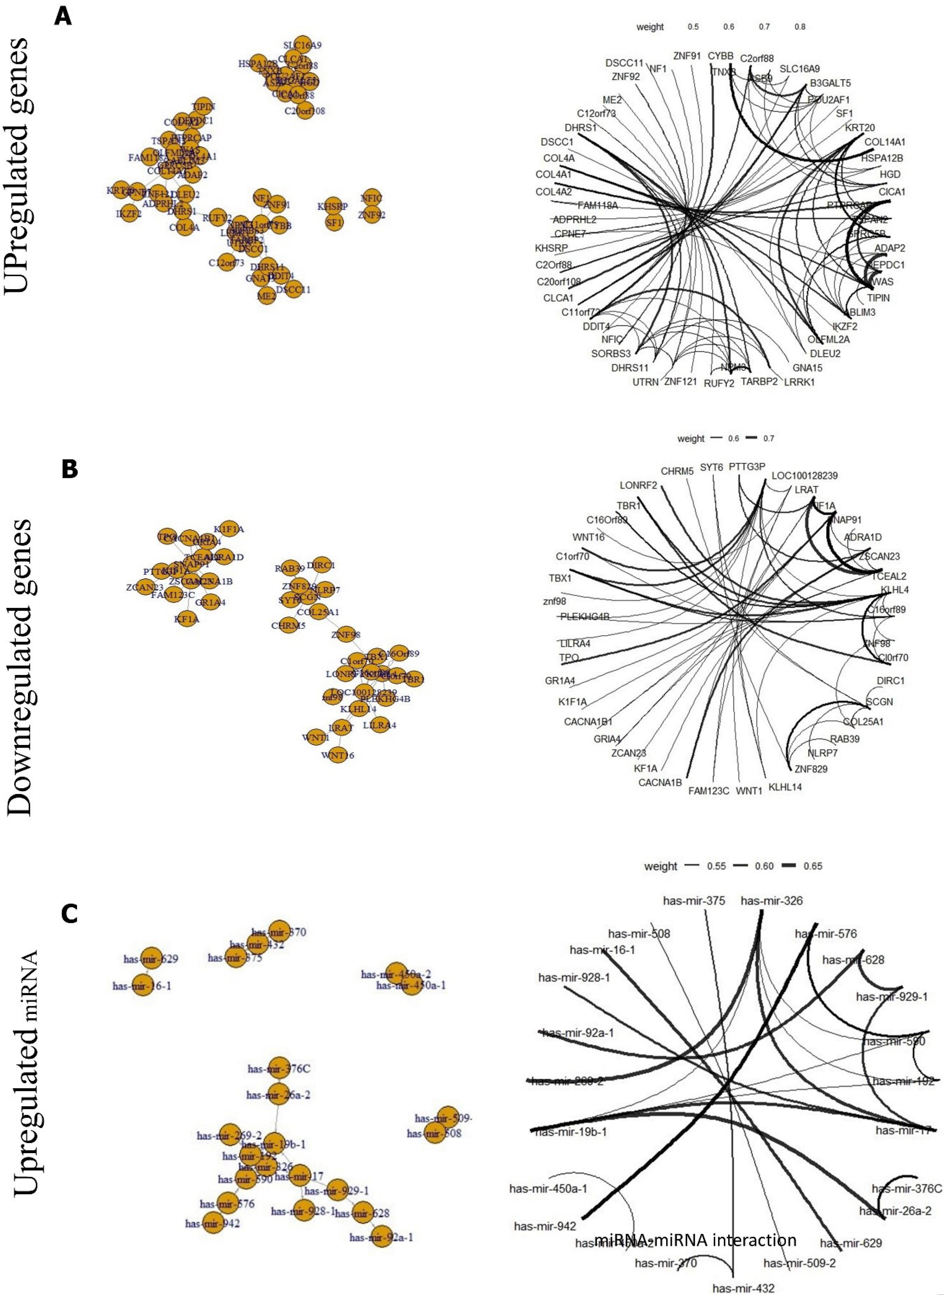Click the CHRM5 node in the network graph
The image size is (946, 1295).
[288, 625]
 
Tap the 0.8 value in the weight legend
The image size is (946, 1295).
[800, 27]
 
